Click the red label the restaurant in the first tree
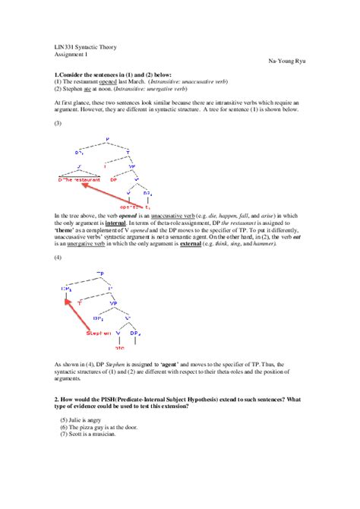pos(80,180)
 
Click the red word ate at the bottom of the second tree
pos(118,346)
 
